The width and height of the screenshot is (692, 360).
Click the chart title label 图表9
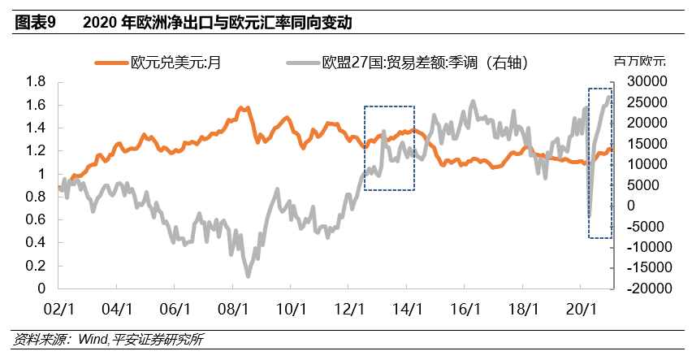click(34, 22)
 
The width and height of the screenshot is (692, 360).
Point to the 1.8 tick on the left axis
click(35, 82)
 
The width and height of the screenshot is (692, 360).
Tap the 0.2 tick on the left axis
click(35, 266)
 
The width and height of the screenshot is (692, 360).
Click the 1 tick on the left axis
click(41, 174)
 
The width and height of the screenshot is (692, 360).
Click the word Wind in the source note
click(93, 340)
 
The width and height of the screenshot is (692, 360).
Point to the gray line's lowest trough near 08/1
click(248, 276)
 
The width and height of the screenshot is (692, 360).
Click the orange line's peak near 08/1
click(241, 107)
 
